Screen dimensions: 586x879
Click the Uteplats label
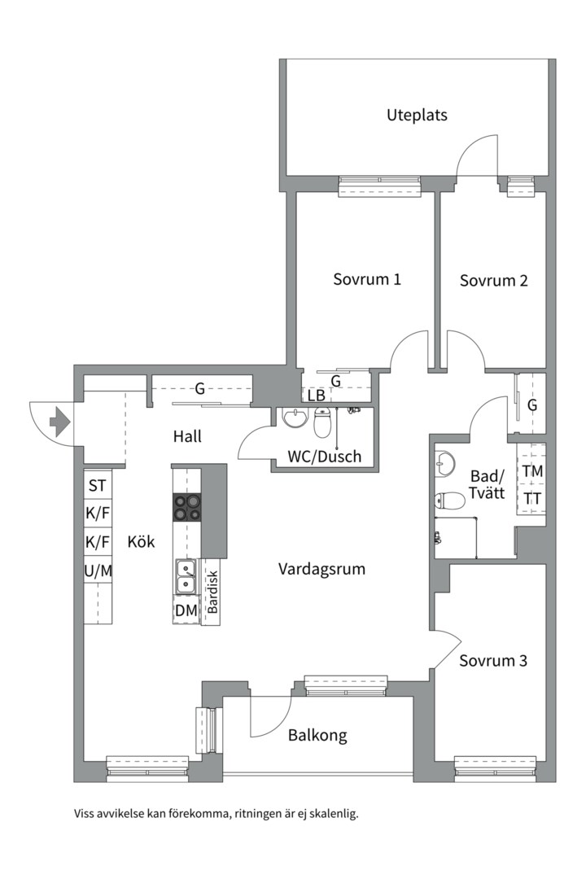click(x=417, y=116)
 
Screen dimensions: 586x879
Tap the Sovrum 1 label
click(x=367, y=279)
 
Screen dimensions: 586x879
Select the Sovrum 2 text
click(x=493, y=280)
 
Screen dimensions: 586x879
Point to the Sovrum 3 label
click(x=493, y=660)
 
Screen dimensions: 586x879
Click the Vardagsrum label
click(x=321, y=570)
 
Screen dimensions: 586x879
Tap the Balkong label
click(x=317, y=736)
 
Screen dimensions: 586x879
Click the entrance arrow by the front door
click(x=59, y=422)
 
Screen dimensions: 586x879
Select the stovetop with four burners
click(x=186, y=507)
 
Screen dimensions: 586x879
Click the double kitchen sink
click(x=186, y=577)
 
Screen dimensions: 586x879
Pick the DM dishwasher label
click(x=186, y=611)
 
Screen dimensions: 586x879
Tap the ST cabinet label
click(x=97, y=485)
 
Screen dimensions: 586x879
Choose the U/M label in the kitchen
click(x=98, y=571)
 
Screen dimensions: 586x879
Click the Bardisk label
click(x=212, y=593)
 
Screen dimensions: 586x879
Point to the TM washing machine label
click(x=532, y=471)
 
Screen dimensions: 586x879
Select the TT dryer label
click(x=532, y=498)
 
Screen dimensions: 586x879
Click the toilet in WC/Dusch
click(x=321, y=424)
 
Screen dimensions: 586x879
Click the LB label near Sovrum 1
click(x=317, y=396)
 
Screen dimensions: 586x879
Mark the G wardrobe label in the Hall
click(x=199, y=388)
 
